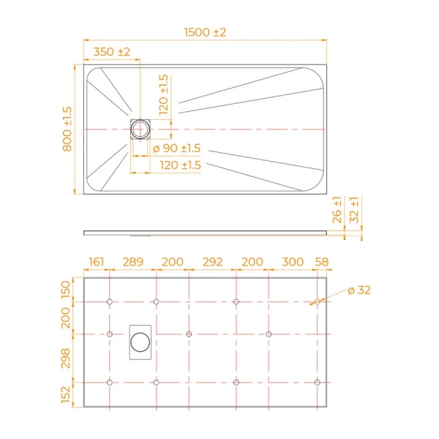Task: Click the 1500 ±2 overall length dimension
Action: coord(206,32)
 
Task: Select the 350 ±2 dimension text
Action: coord(111,52)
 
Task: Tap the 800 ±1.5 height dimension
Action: coord(67,129)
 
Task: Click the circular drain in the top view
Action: coord(140,130)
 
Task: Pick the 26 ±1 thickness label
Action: coord(337,210)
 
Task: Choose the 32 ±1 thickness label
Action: coord(355,210)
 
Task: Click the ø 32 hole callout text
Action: coord(359,290)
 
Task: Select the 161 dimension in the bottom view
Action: coord(97,262)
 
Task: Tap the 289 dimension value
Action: coord(132,262)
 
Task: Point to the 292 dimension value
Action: coord(212,262)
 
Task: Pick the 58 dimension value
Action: coord(322,262)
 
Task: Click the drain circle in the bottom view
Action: coord(140,341)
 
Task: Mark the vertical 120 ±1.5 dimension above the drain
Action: coord(163,93)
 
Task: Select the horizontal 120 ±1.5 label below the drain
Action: coord(180,166)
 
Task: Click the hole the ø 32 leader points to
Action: coord(317,301)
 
